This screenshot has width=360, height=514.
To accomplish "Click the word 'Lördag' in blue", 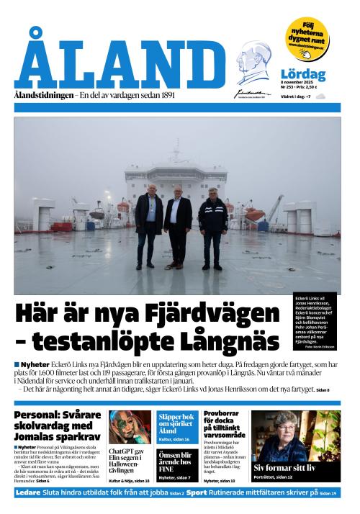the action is coord(302,75).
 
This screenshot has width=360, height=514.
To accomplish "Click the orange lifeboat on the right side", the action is coord(254,215).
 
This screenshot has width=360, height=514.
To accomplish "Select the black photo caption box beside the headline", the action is coord(315,321).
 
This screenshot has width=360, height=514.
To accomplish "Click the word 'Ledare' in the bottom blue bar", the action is coord(28,493).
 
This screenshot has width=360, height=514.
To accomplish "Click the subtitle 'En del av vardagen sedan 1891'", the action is coord(127,95).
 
